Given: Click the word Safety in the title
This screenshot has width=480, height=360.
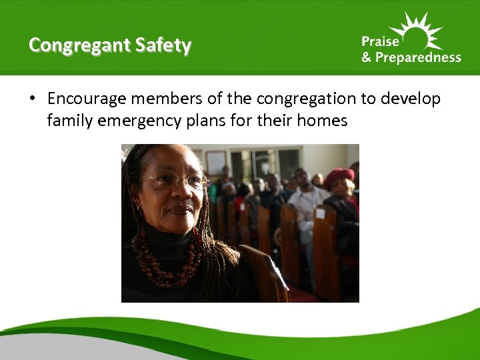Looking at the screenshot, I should click(x=163, y=45).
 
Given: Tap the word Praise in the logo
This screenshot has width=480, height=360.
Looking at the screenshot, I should click(x=378, y=41).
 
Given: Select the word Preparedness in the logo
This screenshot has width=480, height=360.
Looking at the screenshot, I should click(x=418, y=57).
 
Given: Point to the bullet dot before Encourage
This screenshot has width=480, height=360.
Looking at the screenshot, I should click(x=32, y=99).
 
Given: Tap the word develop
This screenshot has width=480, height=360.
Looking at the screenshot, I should click(x=411, y=99).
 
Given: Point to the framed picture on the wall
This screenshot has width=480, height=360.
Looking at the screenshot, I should click(x=216, y=162).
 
